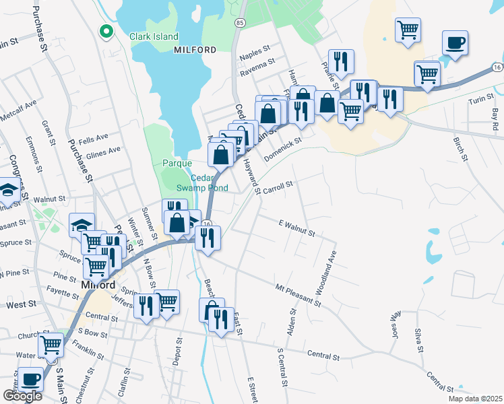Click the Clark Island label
tap(154, 36)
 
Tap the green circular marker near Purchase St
tap(106, 31)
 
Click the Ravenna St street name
tap(258, 64)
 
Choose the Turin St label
tap(481, 101)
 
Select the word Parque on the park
tap(177, 163)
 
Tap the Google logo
tap(22, 396)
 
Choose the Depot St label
tap(180, 353)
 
